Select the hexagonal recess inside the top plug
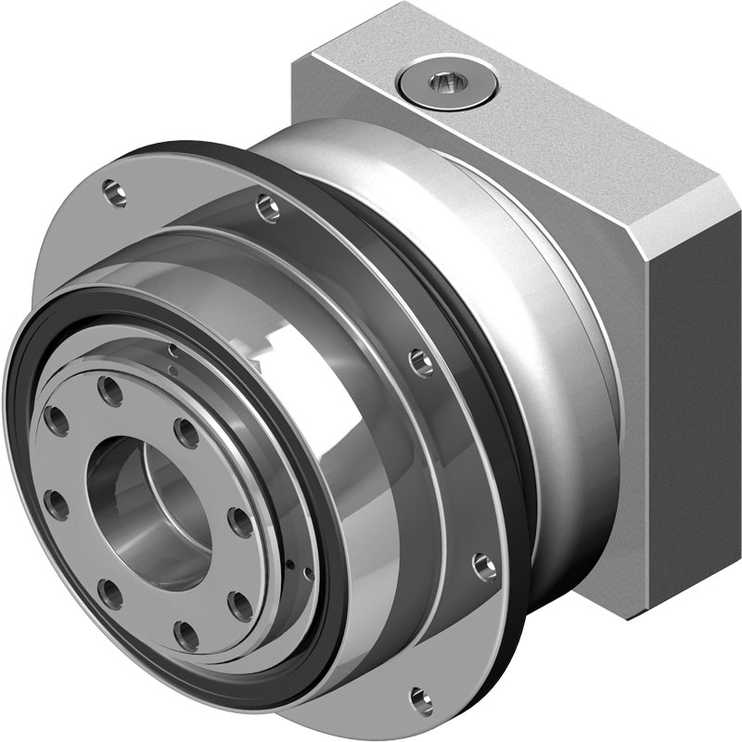[x=442, y=85]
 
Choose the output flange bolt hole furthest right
[x=238, y=604]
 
